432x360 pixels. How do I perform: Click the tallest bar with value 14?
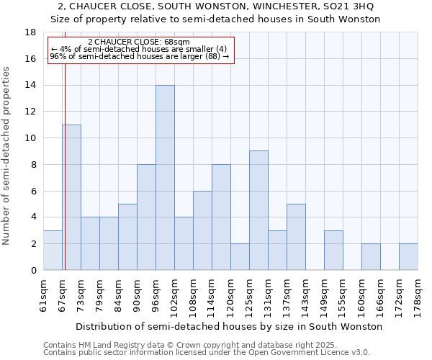coord(165,178)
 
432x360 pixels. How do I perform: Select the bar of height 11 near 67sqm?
coord(71,197)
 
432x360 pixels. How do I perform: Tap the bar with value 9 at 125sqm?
coord(258,210)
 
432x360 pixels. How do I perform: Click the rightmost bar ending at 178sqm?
coord(408,257)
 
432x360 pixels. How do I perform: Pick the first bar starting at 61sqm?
coord(53,251)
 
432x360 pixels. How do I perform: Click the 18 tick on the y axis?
coord(30,32)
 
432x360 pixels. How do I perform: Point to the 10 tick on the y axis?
coord(30,138)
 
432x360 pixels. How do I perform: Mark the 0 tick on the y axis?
coord(33,271)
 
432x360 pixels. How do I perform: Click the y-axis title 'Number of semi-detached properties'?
coord(7,156)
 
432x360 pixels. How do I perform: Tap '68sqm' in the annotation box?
coord(176,42)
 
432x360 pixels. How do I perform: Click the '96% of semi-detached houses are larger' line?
coord(139,56)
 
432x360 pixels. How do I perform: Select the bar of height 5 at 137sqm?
coord(296,237)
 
